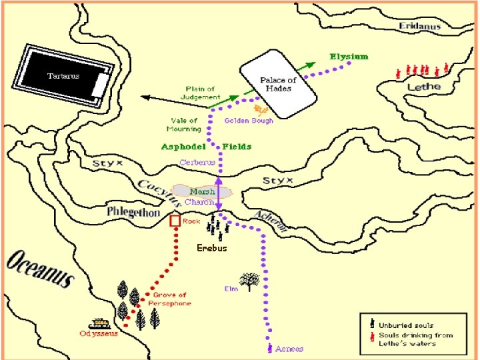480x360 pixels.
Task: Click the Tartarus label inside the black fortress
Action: click(x=63, y=76)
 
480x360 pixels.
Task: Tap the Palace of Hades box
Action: click(x=277, y=83)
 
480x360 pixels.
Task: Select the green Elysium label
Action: click(x=349, y=57)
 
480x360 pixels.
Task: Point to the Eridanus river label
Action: click(x=420, y=27)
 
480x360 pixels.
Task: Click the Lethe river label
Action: click(x=424, y=87)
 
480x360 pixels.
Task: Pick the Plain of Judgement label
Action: click(x=200, y=93)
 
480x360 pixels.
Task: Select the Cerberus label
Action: click(x=197, y=162)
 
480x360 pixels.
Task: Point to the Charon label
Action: click(x=199, y=202)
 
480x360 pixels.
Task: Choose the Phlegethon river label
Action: click(x=133, y=213)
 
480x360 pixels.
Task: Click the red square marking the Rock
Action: click(x=175, y=221)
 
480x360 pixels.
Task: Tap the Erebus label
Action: click(x=212, y=248)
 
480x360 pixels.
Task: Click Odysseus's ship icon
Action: click(x=99, y=323)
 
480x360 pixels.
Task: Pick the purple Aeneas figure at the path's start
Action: click(x=269, y=348)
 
